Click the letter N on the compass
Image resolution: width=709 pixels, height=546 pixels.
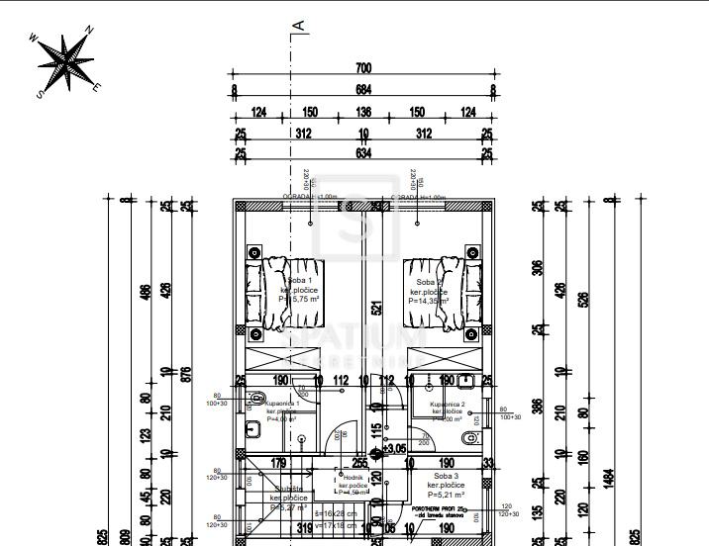[x=90, y=30]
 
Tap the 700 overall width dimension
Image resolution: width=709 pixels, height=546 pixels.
[x=363, y=68]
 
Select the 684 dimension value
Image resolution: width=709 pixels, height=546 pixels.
[x=363, y=91]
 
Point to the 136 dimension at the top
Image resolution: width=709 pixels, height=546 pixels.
[x=363, y=113]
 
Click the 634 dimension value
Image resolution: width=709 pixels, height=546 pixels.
[x=363, y=154]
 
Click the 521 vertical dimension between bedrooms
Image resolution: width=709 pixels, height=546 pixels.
[x=375, y=308]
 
